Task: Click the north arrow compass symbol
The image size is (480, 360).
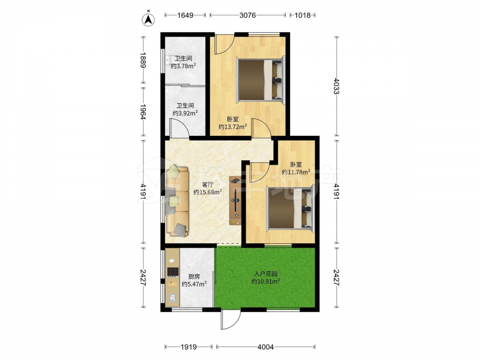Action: point(148,19)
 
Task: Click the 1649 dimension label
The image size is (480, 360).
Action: point(185,15)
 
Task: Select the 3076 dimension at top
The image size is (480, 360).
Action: point(248,15)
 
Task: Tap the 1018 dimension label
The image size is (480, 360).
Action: point(302,15)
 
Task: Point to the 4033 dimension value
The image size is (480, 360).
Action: point(336,86)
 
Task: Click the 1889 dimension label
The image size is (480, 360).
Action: point(143,60)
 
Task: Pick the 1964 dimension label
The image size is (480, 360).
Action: point(143,112)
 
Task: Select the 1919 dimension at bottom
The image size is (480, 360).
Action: point(189,347)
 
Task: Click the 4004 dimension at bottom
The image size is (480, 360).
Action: point(265,347)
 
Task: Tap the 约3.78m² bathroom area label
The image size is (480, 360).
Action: point(183,66)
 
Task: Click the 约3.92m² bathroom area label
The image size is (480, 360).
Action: point(185,113)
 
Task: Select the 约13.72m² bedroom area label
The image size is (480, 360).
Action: point(233,126)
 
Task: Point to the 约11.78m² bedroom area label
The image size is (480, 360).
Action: point(296,172)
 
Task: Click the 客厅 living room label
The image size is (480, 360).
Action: point(208,185)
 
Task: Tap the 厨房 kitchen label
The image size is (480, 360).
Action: point(194,276)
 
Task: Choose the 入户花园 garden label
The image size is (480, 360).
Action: point(266,274)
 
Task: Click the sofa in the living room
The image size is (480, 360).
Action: point(177,201)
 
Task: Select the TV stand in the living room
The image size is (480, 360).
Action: point(235,201)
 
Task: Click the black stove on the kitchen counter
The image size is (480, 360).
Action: point(173,272)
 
